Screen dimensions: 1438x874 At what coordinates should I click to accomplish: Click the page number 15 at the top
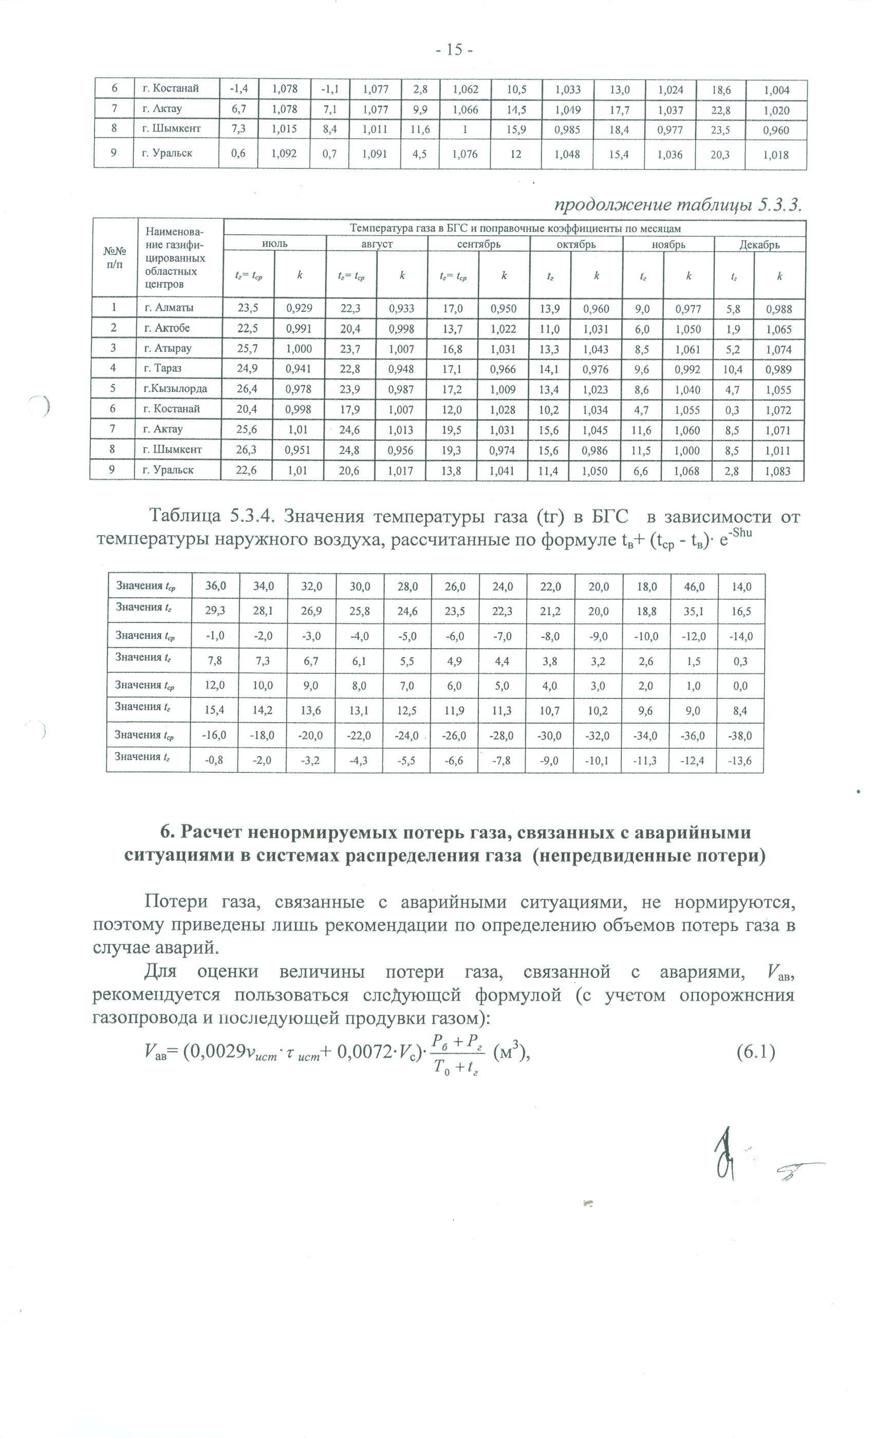[454, 50]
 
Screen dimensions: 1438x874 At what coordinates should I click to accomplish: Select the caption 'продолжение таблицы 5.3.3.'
[676, 205]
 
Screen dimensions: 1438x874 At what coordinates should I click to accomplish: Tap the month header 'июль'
[274, 244]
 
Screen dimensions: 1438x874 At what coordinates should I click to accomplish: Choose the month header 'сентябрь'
[478, 244]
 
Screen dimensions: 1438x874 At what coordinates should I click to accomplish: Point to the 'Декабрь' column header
[759, 244]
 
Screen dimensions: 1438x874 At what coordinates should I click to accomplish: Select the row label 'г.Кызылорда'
[175, 389]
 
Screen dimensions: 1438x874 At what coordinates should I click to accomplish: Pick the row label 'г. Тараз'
[163, 368]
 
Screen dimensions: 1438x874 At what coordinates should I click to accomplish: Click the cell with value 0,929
[299, 309]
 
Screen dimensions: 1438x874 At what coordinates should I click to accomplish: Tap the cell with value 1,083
[779, 471]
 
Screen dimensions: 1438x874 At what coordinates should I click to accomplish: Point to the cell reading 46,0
[694, 586]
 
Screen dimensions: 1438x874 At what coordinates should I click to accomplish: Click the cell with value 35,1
[694, 611]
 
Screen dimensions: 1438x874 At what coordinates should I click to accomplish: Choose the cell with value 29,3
[215, 611]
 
